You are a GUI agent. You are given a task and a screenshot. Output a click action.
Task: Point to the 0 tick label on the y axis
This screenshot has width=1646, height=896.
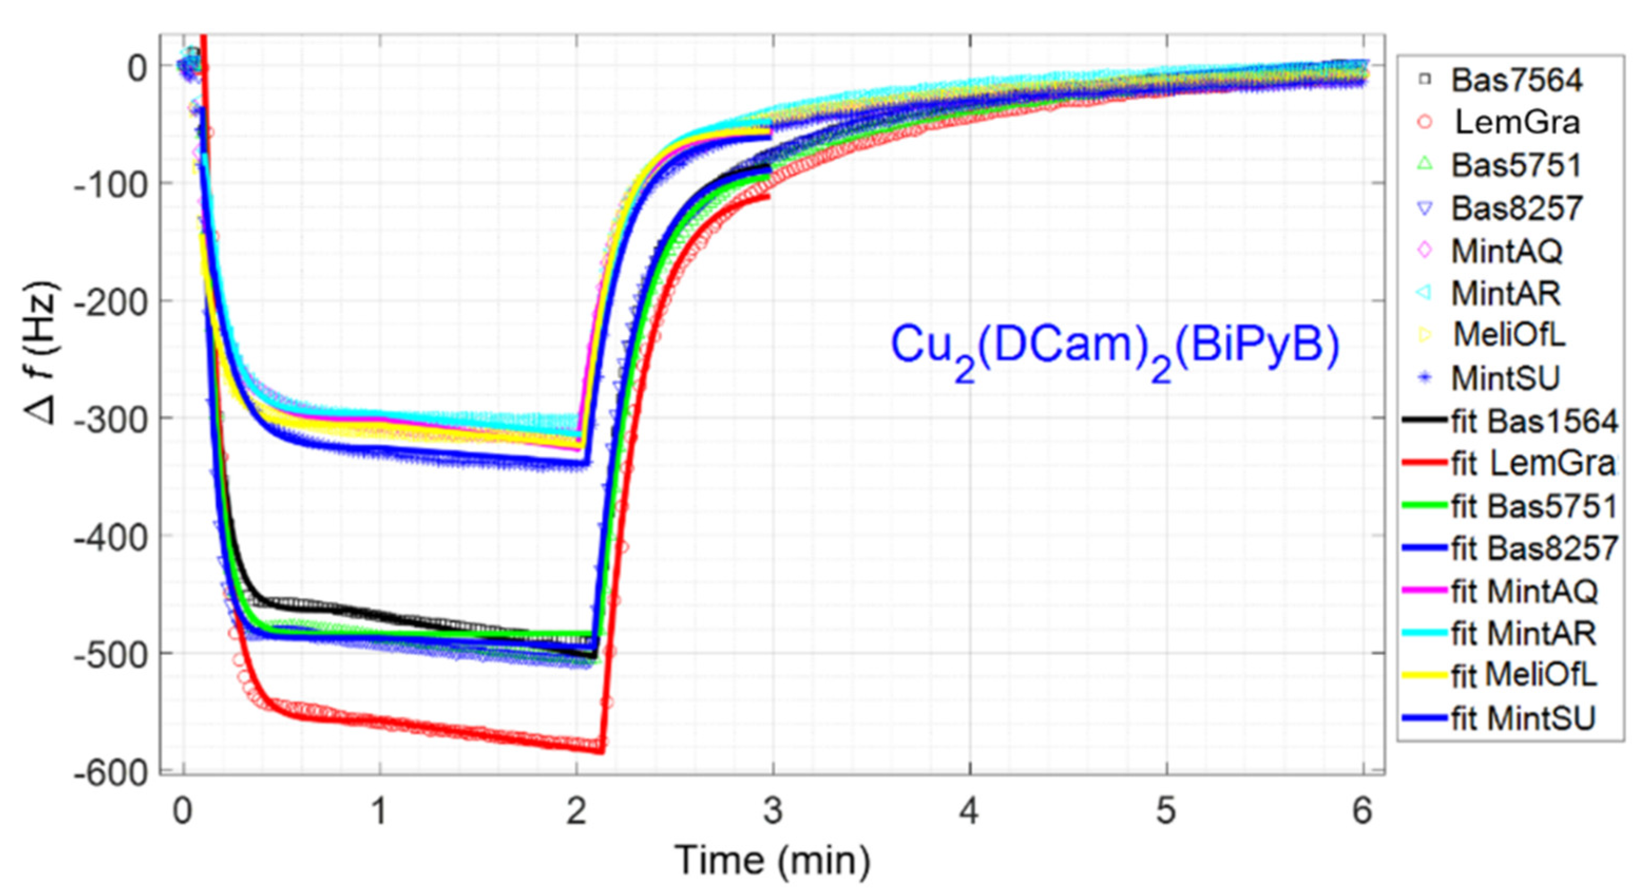click(137, 66)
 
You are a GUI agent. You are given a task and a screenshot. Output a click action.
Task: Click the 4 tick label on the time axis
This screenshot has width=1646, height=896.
click(969, 812)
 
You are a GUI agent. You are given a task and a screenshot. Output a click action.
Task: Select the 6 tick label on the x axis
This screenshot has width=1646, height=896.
click(1362, 812)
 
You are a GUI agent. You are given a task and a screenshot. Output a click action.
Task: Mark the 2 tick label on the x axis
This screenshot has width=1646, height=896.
click(576, 812)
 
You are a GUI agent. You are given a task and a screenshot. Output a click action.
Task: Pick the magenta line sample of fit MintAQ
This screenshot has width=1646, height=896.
click(1425, 590)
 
